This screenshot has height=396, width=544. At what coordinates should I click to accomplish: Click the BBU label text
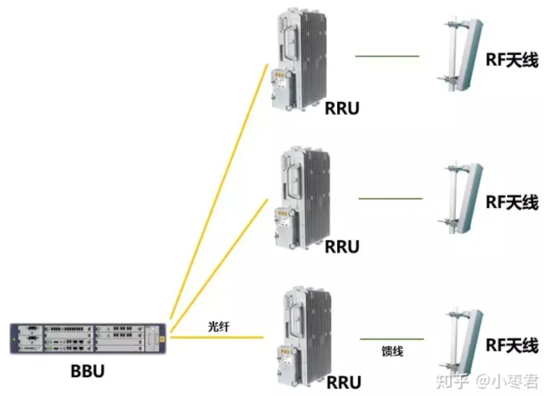(87, 371)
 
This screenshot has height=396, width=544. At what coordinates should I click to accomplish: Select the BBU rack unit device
(88, 339)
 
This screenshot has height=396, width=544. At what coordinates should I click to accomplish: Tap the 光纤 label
(218, 327)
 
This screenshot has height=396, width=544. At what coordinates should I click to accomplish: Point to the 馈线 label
(392, 351)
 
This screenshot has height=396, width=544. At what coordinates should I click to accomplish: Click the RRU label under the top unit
(342, 109)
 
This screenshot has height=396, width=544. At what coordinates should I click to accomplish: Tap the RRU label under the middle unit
(342, 247)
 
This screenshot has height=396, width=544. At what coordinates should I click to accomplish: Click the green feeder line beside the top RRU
(387, 57)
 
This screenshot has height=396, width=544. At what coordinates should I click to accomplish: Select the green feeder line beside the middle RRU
(390, 199)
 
